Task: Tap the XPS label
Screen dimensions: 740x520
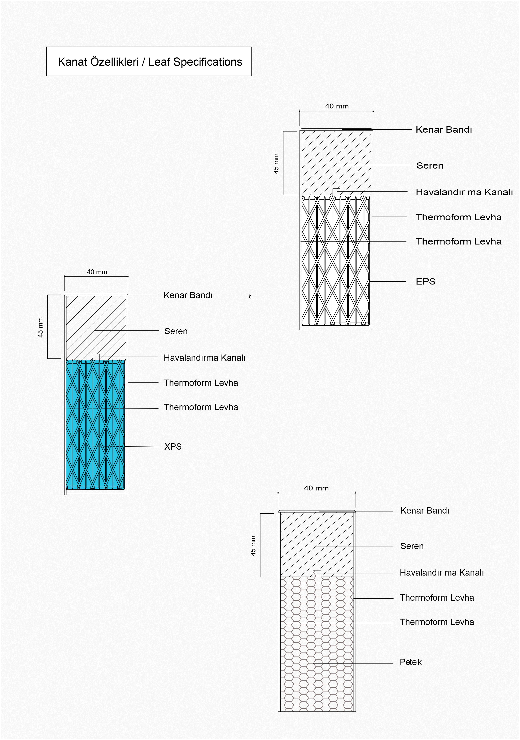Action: click(x=173, y=446)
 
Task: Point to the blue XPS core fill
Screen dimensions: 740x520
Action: click(x=95, y=425)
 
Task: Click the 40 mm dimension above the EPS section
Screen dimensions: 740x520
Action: click(x=337, y=106)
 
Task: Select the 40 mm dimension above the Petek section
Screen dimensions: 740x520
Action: click(x=316, y=488)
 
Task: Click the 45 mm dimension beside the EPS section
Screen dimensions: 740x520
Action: click(x=276, y=163)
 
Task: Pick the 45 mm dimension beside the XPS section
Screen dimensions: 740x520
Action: click(x=41, y=328)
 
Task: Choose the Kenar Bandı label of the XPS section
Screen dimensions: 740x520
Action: click(x=188, y=295)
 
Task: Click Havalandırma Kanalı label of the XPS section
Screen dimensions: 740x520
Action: click(x=205, y=358)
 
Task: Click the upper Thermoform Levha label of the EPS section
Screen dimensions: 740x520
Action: click(x=459, y=217)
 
